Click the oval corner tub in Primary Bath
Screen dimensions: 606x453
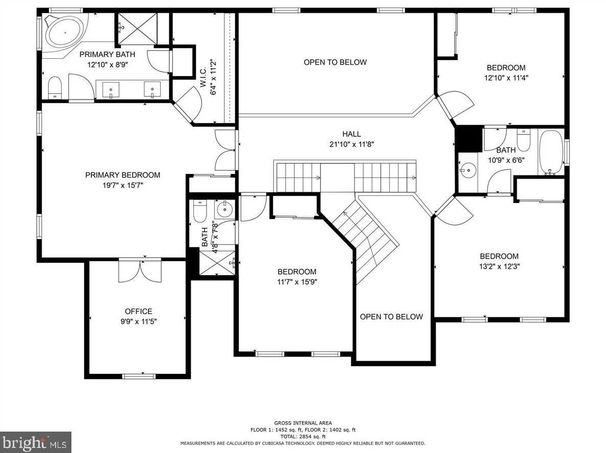[64, 32]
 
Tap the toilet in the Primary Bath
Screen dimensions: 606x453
[55, 88]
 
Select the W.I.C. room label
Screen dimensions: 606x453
[204, 79]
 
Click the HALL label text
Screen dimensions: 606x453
[351, 134]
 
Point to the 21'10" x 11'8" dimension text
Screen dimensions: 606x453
[351, 144]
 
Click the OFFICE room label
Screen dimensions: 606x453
[138, 311]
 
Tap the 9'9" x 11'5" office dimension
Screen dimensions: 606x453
[138, 321]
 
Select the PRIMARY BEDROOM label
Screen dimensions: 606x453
[122, 175]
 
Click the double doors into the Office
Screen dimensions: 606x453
[140, 270]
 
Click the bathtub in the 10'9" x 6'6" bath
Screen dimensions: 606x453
[551, 153]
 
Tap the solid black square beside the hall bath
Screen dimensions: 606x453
[469, 139]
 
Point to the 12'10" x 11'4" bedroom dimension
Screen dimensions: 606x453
[506, 78]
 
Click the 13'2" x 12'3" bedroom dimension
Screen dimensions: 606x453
[499, 266]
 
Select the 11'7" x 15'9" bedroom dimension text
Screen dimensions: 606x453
[297, 282]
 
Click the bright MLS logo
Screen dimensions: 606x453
[36, 442]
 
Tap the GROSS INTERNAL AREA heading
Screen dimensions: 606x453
[303, 423]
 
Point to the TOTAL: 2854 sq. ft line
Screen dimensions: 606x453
[303, 436]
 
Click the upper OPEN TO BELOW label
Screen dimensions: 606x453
[335, 62]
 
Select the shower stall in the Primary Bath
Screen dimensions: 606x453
[137, 29]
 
